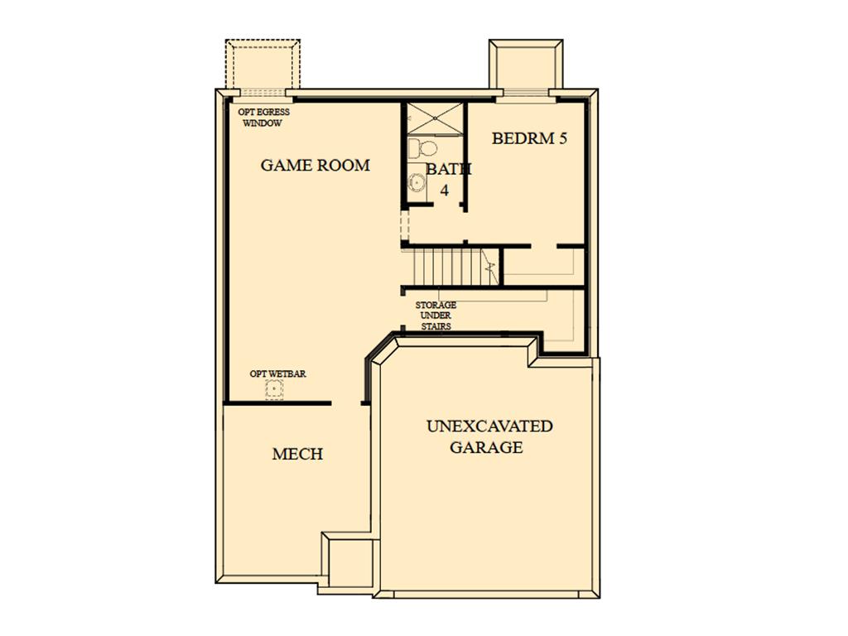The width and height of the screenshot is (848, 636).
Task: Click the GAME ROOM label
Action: (316, 165)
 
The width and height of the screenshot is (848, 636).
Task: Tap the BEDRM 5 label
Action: (529, 138)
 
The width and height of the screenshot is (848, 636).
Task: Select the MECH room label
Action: (297, 454)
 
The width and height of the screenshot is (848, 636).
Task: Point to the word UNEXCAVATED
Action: (489, 426)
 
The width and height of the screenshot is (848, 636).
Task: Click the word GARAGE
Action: (486, 447)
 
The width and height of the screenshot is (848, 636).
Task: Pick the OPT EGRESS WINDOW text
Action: (263, 118)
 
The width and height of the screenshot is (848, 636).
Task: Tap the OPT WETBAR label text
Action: (277, 373)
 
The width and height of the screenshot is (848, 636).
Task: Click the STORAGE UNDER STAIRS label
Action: (436, 316)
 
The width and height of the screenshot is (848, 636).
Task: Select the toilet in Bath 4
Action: (423, 147)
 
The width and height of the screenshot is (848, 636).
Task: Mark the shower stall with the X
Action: (435, 118)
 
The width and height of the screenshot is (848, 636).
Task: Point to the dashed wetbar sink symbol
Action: (275, 389)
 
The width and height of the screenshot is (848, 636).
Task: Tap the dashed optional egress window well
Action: (263, 64)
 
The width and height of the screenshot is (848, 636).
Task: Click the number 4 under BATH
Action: (445, 190)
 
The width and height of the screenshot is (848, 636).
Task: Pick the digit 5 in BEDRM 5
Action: (562, 138)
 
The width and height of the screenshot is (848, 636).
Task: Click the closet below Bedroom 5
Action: (544, 266)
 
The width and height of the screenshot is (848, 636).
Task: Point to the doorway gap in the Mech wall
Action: (346, 403)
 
